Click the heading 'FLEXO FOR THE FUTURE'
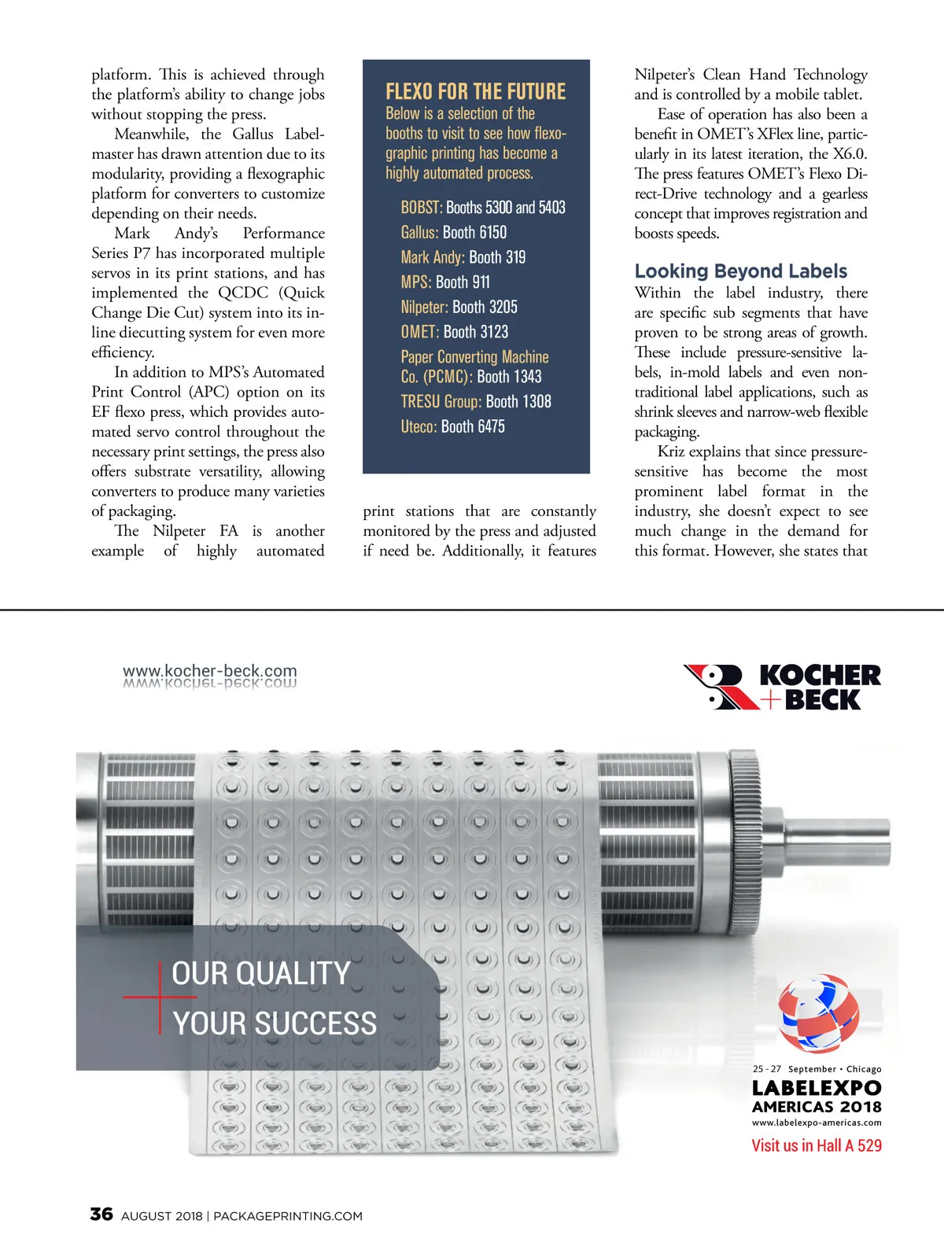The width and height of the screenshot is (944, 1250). (x=475, y=92)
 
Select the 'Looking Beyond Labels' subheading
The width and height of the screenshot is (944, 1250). (x=740, y=271)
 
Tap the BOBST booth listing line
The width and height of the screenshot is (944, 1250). (x=482, y=208)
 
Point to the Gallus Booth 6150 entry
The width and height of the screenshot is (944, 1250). (x=453, y=233)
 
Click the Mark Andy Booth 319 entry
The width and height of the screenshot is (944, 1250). (x=463, y=257)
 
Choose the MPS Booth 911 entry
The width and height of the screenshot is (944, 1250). (x=444, y=282)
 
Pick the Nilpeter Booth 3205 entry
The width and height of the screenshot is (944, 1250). (x=459, y=307)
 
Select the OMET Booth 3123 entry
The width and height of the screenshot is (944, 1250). (x=454, y=332)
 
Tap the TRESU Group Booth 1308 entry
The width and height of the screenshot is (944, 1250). (x=475, y=401)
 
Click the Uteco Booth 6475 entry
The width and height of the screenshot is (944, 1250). (x=452, y=426)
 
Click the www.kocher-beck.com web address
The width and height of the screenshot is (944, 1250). (x=209, y=671)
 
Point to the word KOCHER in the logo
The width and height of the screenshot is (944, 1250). (x=820, y=676)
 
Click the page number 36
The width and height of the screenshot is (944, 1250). (x=101, y=1214)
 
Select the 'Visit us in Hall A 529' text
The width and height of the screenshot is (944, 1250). (x=816, y=1145)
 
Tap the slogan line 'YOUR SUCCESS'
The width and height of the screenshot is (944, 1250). (x=275, y=1023)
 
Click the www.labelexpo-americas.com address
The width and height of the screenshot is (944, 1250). (x=816, y=1123)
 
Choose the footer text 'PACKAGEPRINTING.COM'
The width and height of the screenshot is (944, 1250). (x=288, y=1216)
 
